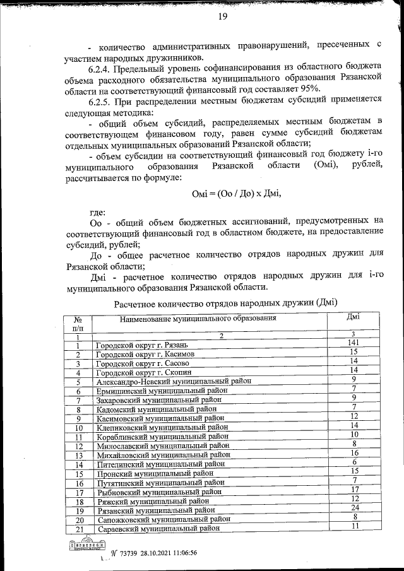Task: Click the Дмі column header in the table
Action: tap(354, 317)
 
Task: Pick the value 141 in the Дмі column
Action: tap(354, 343)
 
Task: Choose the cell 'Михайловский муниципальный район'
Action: tap(162, 455)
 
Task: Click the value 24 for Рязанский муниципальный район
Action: tap(354, 508)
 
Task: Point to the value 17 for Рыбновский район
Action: tap(354, 490)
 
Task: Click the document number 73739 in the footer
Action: tap(129, 553)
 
